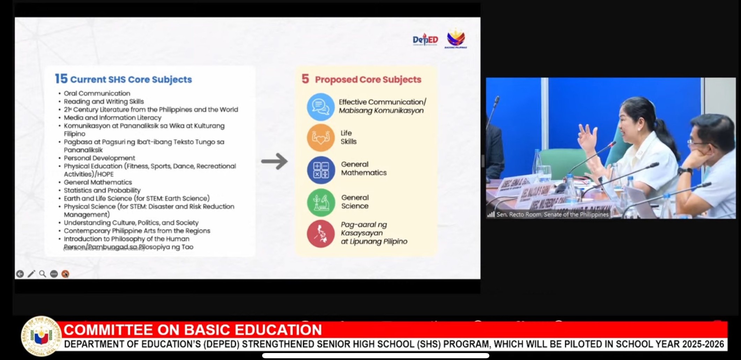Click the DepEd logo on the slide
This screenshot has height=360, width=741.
coord(425,40)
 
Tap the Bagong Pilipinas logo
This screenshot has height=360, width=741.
coord(455,38)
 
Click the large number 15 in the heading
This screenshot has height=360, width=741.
coord(61,79)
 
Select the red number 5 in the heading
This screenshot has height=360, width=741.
coord(305,79)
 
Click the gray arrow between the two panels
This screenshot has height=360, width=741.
coord(274,161)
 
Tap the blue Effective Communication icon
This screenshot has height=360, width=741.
coord(320,106)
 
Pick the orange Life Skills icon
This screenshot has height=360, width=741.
coord(320,137)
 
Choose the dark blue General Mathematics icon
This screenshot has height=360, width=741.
coord(320,170)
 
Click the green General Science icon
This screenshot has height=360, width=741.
coord(320,202)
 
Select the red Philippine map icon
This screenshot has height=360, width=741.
coord(320,233)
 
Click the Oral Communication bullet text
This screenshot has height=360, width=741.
coord(97,93)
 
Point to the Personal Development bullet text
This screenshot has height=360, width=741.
coord(99,158)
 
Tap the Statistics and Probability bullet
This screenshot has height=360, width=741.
coord(102,190)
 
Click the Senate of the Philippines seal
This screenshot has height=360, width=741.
coord(41,336)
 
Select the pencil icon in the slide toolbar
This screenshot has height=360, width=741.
coord(31,274)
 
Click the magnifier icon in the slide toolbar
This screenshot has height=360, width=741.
coord(43,274)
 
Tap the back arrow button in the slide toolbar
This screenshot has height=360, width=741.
coord(20,274)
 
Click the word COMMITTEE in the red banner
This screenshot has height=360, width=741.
coord(109,330)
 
